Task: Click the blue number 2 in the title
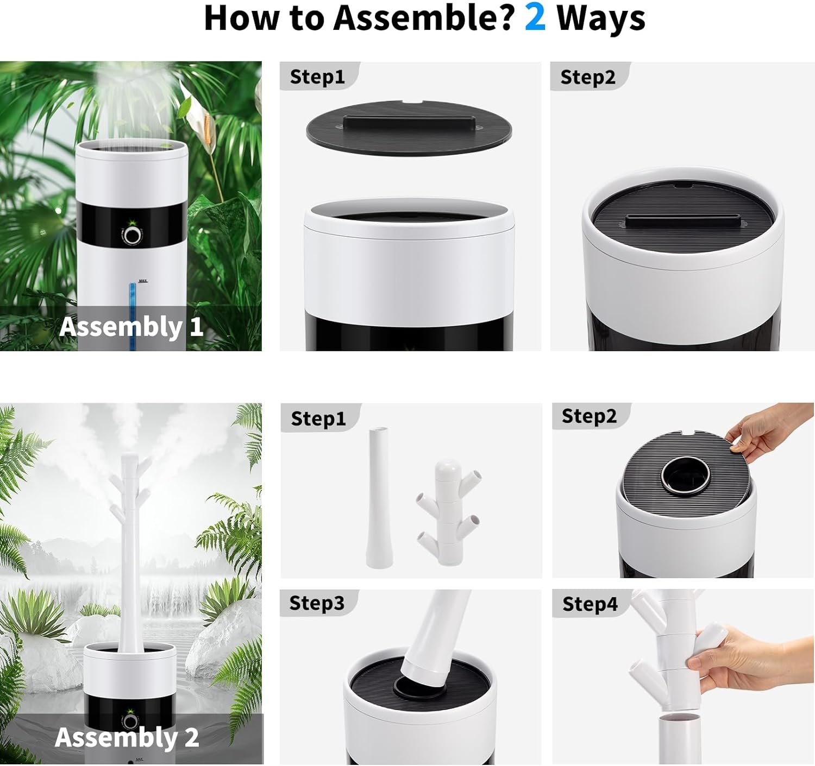tap(535, 18)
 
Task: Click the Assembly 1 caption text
tap(131, 327)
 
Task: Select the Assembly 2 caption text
tap(127, 737)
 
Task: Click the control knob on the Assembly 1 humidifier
tap(131, 236)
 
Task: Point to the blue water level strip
tap(133, 316)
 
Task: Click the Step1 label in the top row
tap(317, 77)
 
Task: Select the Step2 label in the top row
tap(588, 77)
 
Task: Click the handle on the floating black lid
tap(409, 123)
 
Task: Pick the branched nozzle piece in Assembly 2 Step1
tap(448, 512)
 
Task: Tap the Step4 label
tap(590, 604)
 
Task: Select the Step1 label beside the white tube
tap(318, 419)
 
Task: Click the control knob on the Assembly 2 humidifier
tap(130, 721)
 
